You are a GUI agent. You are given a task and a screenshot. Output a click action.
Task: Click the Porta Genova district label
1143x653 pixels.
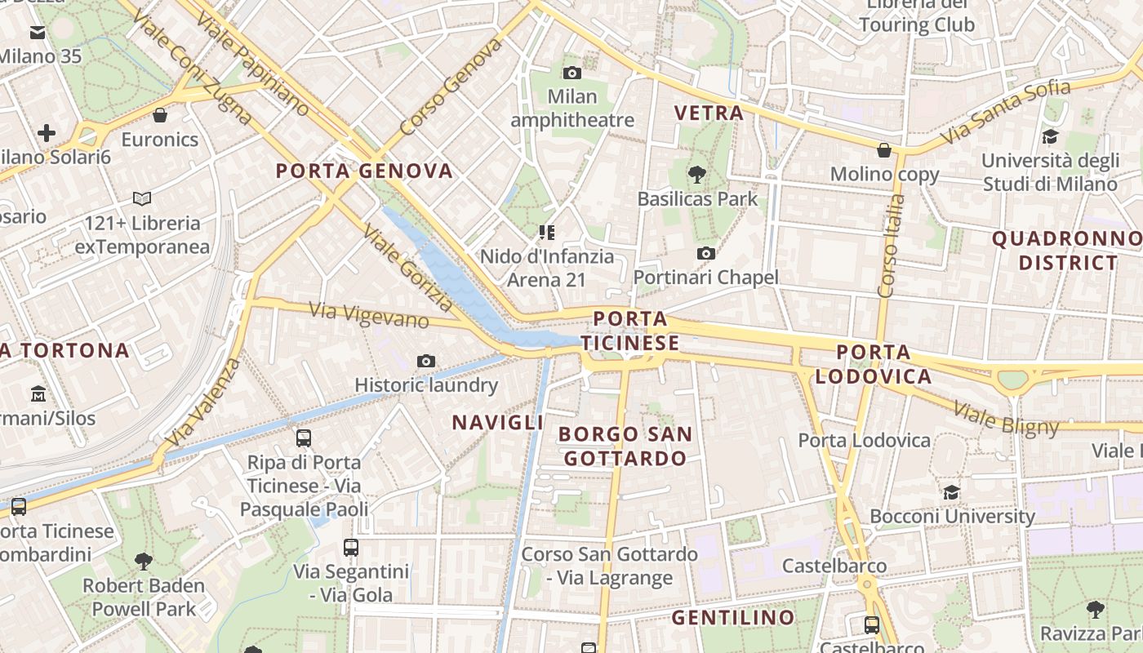click(364, 171)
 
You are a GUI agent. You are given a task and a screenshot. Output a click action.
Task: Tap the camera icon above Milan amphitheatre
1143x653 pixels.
click(572, 73)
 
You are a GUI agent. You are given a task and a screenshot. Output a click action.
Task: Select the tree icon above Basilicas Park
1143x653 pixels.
click(697, 173)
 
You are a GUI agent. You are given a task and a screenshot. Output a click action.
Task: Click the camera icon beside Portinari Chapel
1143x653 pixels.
click(706, 253)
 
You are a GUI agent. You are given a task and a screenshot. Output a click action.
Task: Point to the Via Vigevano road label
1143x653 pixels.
click(369, 314)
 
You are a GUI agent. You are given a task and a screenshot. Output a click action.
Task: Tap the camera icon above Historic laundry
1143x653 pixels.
click(425, 361)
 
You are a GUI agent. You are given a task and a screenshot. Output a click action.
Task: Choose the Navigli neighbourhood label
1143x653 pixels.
click(497, 422)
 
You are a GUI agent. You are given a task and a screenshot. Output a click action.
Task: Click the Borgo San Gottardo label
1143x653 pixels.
click(626, 446)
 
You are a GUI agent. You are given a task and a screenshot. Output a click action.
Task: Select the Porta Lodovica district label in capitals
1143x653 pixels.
click(873, 364)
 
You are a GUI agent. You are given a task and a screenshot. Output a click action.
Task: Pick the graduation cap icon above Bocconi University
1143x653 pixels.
click(951, 492)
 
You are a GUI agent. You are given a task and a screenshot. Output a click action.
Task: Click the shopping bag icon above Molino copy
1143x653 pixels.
click(883, 150)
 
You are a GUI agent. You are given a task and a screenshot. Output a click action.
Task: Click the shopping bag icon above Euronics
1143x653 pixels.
click(160, 115)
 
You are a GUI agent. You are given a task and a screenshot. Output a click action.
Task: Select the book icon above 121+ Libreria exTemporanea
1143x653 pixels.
click(142, 198)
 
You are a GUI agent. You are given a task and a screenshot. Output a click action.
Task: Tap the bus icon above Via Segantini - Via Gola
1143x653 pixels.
click(351, 547)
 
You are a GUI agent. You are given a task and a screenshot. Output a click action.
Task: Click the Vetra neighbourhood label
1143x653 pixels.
click(709, 113)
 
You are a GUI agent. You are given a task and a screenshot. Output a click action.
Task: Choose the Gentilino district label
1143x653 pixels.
click(732, 617)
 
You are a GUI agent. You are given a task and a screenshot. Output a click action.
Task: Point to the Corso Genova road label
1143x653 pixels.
click(450, 87)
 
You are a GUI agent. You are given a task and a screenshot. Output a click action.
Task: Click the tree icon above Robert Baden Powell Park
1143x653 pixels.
click(144, 561)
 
